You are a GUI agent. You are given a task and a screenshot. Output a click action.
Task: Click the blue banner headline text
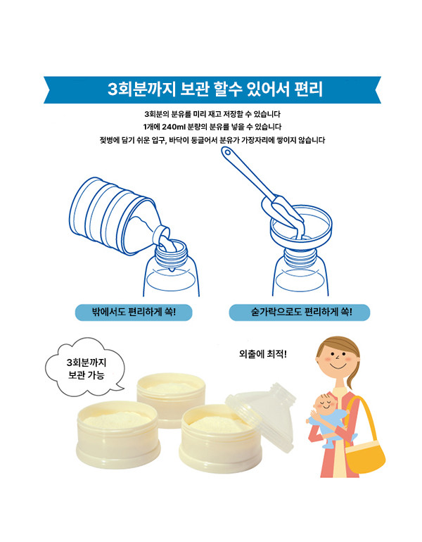click(215, 89)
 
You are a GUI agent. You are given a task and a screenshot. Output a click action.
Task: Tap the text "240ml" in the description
click(174, 127)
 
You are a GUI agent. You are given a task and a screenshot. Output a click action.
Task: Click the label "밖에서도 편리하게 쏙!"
click(134, 312)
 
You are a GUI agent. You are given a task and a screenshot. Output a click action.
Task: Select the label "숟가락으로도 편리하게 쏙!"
click(300, 312)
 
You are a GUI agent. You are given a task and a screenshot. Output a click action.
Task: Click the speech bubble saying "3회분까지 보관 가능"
click(85, 368)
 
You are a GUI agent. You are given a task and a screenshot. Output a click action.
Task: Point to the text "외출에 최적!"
click(263, 354)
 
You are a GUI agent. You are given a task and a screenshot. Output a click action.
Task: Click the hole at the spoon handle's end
click(227, 152)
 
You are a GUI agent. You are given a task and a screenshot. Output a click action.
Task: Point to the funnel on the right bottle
click(300, 228)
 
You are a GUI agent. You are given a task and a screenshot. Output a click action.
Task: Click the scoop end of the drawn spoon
click(282, 213)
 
